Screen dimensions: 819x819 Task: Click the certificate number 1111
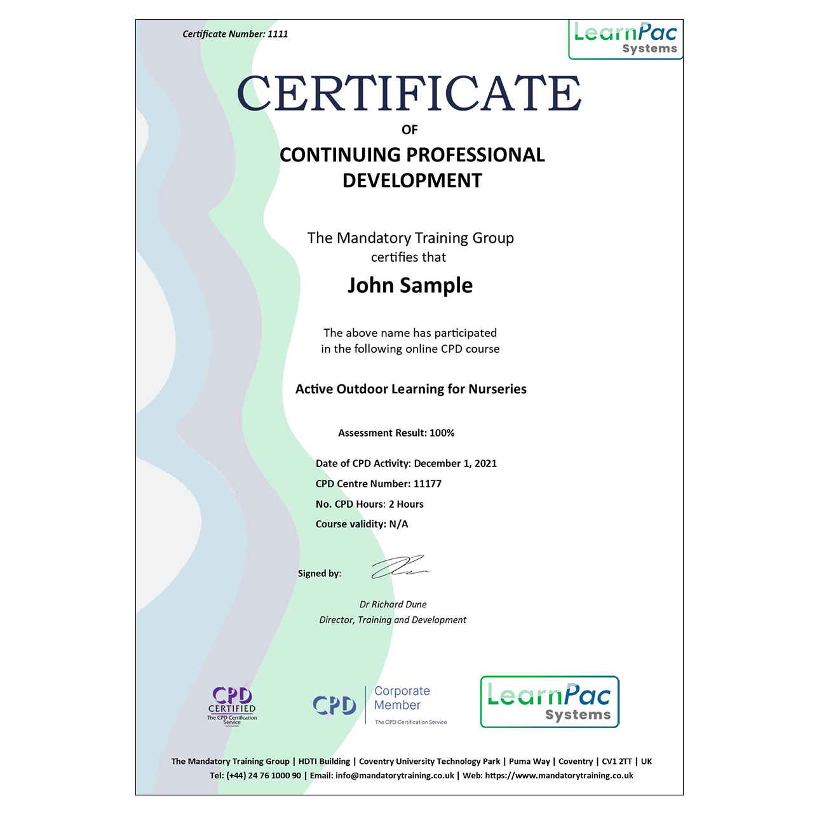278,34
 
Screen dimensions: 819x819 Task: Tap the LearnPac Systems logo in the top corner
625,39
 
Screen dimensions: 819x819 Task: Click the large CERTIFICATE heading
409,93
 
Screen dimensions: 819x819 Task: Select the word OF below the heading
410,130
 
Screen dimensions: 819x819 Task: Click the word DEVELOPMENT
412,180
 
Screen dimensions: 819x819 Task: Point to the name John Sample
410,285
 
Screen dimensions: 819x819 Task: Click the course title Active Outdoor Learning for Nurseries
410,389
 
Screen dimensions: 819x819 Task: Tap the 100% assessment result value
442,433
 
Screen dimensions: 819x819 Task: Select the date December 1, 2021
455,463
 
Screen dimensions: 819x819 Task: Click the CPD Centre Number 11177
427,484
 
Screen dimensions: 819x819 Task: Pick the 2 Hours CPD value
406,504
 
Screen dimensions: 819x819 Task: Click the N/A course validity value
398,524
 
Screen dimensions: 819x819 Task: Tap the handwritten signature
398,567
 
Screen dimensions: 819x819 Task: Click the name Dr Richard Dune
393,604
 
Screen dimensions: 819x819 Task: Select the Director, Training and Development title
393,619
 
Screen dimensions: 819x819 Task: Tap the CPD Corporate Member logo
380,705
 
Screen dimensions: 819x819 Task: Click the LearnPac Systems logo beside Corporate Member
550,702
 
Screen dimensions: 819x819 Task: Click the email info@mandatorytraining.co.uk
395,775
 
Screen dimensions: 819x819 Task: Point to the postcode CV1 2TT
616,761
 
